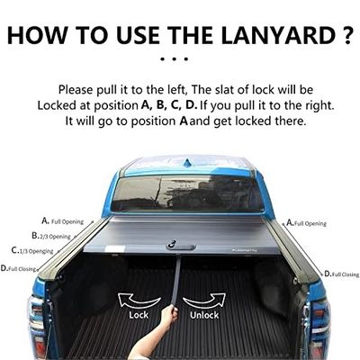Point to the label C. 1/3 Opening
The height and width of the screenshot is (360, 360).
pos(32,251)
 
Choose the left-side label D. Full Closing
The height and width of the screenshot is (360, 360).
pos(23,268)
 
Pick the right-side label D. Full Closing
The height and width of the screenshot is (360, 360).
pos(341,273)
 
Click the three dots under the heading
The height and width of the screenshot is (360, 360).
pos(180,59)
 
